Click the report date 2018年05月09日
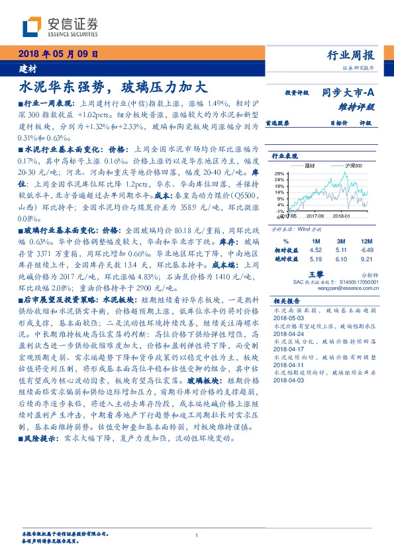coord(57,55)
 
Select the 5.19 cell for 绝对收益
coord(315,260)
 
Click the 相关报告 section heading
coord(287,300)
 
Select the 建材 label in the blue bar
coord(27,68)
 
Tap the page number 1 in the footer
coord(197,535)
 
